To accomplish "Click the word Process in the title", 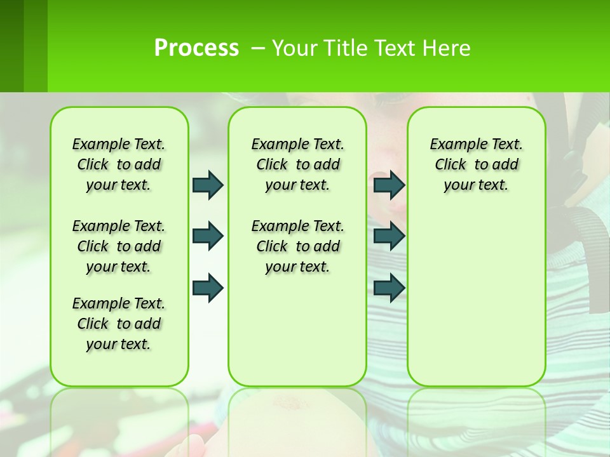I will (x=196, y=48).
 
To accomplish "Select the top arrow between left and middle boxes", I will (x=208, y=185).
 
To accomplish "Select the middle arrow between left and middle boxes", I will (x=208, y=236).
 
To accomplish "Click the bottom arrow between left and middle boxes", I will (x=208, y=288).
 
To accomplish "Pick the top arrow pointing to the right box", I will (x=389, y=185).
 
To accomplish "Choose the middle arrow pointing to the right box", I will (x=389, y=236).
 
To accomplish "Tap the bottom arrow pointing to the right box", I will (x=389, y=288).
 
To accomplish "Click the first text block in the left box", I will (x=119, y=164).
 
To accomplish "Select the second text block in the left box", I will (x=119, y=246).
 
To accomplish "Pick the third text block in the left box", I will (x=119, y=324).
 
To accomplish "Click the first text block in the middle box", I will (x=298, y=164).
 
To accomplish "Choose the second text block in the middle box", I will (x=298, y=246).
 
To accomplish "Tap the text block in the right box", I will (x=477, y=164).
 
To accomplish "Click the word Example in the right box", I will (x=454, y=145).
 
